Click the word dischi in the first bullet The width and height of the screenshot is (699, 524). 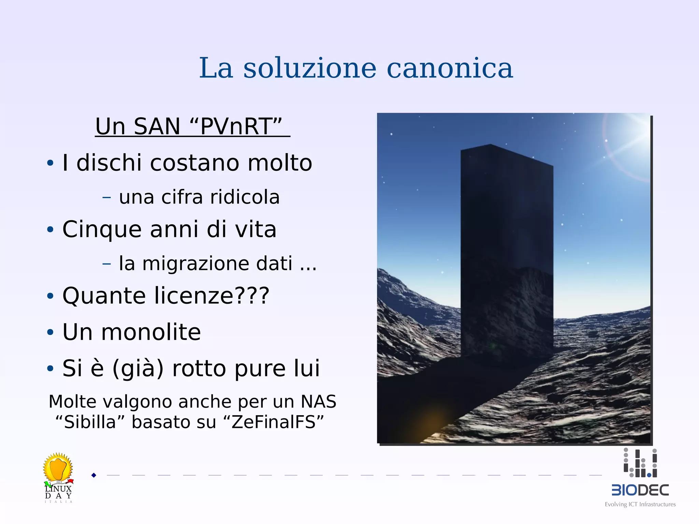109,163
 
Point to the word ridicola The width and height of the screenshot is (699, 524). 245,197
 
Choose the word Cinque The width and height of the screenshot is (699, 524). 102,229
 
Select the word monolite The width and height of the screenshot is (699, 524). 151,332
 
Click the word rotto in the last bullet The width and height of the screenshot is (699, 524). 199,369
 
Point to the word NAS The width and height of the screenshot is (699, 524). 318,402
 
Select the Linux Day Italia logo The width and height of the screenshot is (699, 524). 58,477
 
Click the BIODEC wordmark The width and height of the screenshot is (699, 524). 640,490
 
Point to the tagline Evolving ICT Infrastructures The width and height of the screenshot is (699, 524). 640,504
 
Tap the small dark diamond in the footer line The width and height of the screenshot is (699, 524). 94,475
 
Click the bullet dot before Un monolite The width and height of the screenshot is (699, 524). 50,332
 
